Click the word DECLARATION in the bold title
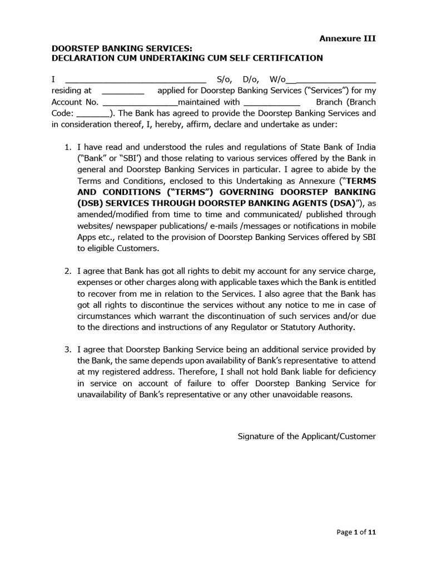coord(82,58)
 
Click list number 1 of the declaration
coord(68,148)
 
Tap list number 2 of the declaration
coord(68,271)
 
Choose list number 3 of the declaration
coord(68,350)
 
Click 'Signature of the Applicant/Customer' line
coord(306,436)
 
